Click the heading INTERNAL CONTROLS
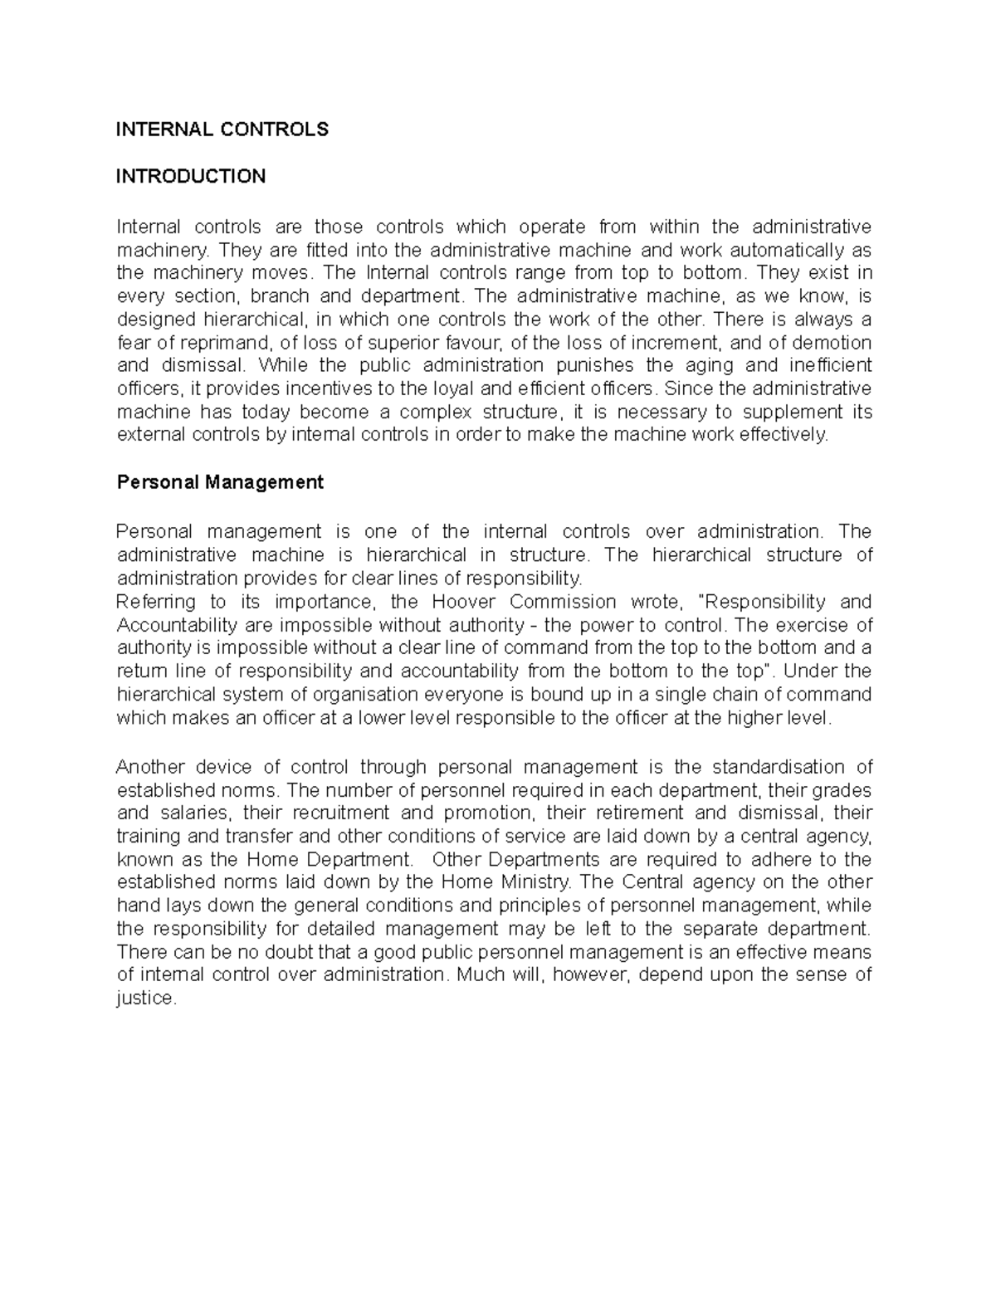click(222, 129)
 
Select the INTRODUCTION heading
click(191, 176)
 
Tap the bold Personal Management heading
click(220, 482)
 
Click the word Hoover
click(459, 602)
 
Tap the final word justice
click(147, 998)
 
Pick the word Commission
click(563, 602)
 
